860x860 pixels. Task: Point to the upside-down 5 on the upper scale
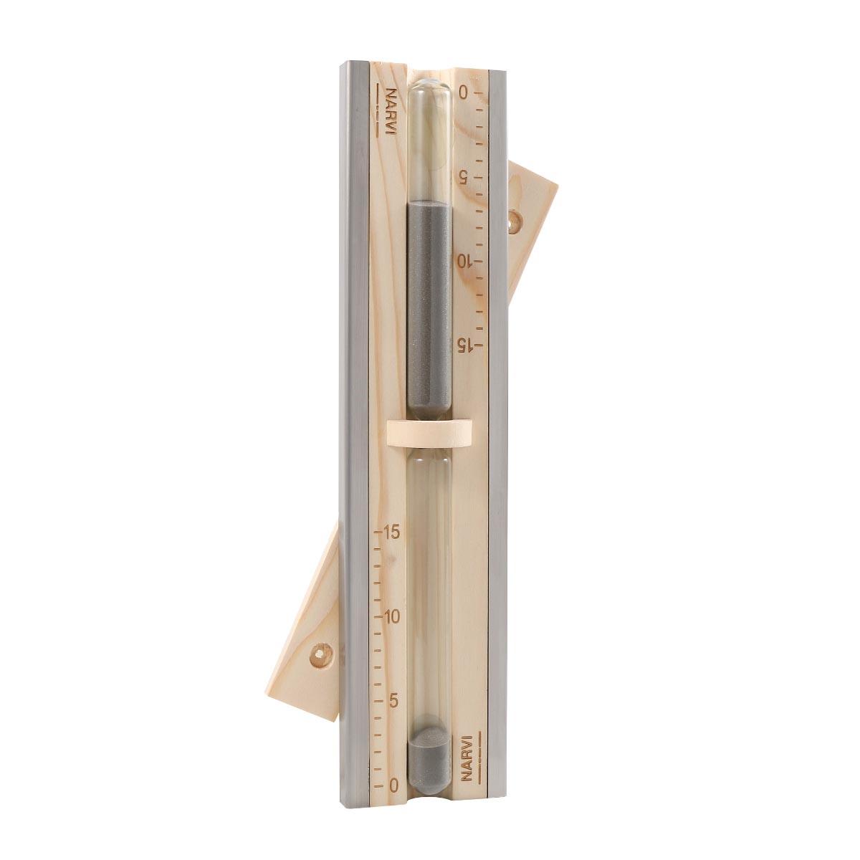click(x=463, y=178)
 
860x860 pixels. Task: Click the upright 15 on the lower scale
click(x=391, y=533)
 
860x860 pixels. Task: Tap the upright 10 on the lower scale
click(x=391, y=617)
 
